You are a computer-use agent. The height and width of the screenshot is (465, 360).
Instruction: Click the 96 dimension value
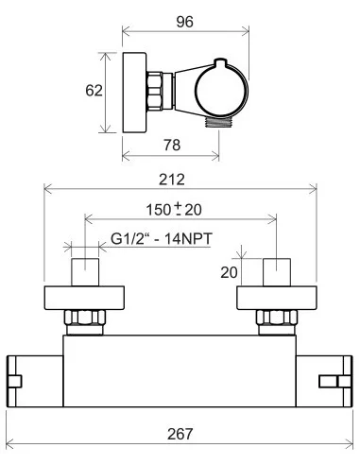[x=184, y=22]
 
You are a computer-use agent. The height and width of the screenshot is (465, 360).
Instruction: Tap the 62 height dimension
[x=94, y=91]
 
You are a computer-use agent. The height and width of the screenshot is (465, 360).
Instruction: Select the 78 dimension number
[x=172, y=145]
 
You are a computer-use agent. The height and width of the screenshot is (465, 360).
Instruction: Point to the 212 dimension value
[x=172, y=180]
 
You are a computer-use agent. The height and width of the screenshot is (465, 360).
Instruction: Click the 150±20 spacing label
[x=174, y=210]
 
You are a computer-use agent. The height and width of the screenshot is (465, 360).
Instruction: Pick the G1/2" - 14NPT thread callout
[x=162, y=238]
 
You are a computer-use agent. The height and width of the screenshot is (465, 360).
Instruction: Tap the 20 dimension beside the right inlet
[x=229, y=272]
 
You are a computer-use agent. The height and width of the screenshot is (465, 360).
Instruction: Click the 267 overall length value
[x=180, y=434]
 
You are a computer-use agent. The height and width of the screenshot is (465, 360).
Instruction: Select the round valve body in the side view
[x=221, y=89]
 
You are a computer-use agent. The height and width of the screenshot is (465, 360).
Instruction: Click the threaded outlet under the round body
[x=218, y=121]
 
